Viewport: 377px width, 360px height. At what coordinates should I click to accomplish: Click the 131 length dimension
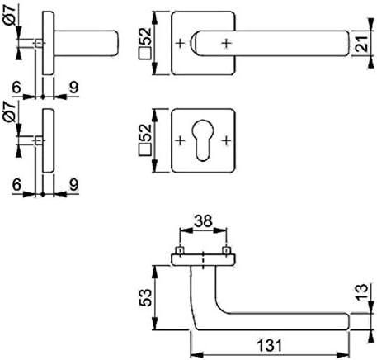tap(270, 345)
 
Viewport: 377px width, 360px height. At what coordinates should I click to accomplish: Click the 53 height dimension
tap(145, 297)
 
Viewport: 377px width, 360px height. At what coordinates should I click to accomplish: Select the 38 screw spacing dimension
tap(203, 220)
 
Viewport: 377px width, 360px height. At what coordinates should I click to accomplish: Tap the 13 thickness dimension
tap(361, 291)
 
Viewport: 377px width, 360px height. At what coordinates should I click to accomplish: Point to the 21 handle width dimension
tap(362, 44)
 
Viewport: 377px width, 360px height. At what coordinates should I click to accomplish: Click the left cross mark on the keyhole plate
tap(180, 140)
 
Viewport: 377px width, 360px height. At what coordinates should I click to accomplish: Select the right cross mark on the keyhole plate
tap(226, 140)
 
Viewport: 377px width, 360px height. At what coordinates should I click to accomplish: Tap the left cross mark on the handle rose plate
tap(180, 43)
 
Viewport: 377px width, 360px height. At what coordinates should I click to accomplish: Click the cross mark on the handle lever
tap(226, 43)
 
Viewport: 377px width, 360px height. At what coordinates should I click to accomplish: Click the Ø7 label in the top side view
tap(10, 16)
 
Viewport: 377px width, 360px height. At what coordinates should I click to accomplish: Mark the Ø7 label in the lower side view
tap(10, 111)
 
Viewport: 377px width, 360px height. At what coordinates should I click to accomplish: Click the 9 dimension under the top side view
tap(73, 88)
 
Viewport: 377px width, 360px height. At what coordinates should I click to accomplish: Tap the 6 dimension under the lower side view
tap(16, 184)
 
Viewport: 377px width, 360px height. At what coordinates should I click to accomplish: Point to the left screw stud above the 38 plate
tap(180, 251)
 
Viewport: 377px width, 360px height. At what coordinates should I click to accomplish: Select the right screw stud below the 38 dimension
tap(226, 251)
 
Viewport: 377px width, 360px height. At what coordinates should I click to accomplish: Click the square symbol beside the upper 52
tap(145, 54)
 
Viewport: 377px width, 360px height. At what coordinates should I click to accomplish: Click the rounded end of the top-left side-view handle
tap(116, 43)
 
